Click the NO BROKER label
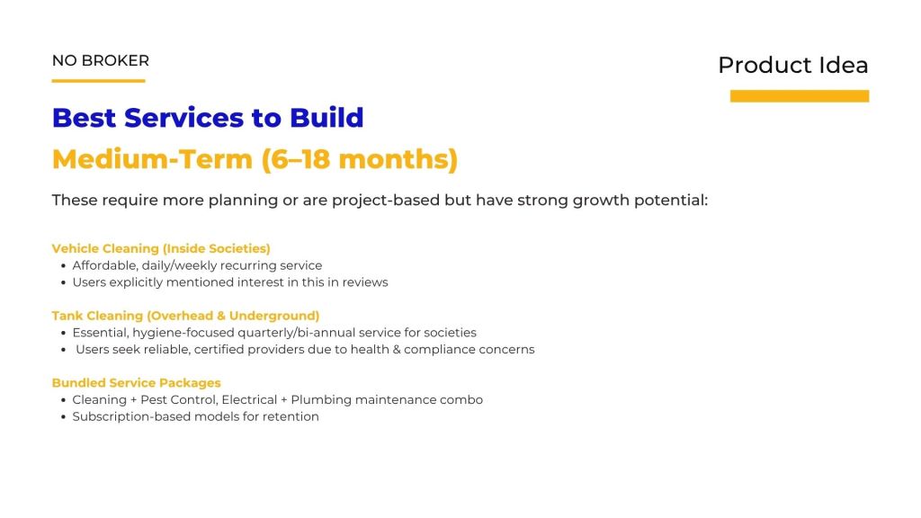(101, 60)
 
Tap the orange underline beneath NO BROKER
(98, 80)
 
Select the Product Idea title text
(793, 65)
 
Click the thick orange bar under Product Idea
(800, 95)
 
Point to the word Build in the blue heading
(326, 118)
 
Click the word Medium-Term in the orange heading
(152, 159)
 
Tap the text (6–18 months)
(360, 159)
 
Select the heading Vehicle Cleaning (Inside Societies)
(161, 248)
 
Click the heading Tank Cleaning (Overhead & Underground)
(185, 316)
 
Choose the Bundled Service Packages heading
(137, 383)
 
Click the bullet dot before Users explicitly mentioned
(64, 283)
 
